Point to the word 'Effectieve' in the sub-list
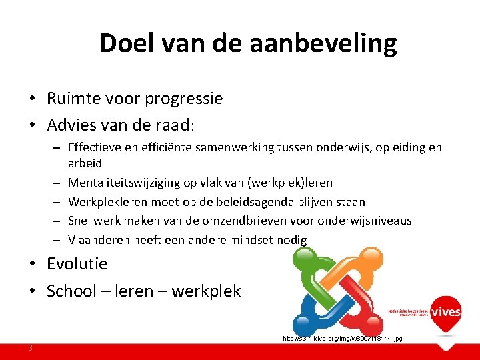point(95,147)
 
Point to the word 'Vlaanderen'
point(98,240)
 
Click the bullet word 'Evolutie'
point(77,263)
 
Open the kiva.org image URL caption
point(342,339)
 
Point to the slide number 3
point(31,347)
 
